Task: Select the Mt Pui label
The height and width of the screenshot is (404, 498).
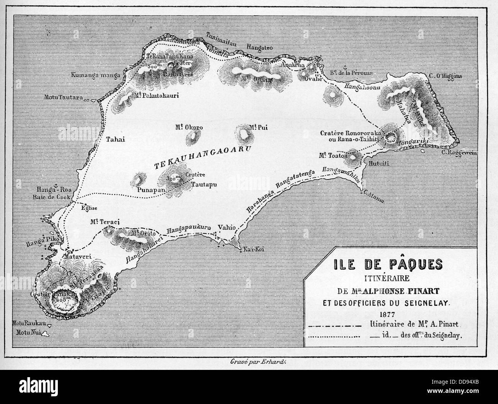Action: point(256,126)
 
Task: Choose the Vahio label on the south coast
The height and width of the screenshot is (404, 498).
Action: point(225,227)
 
